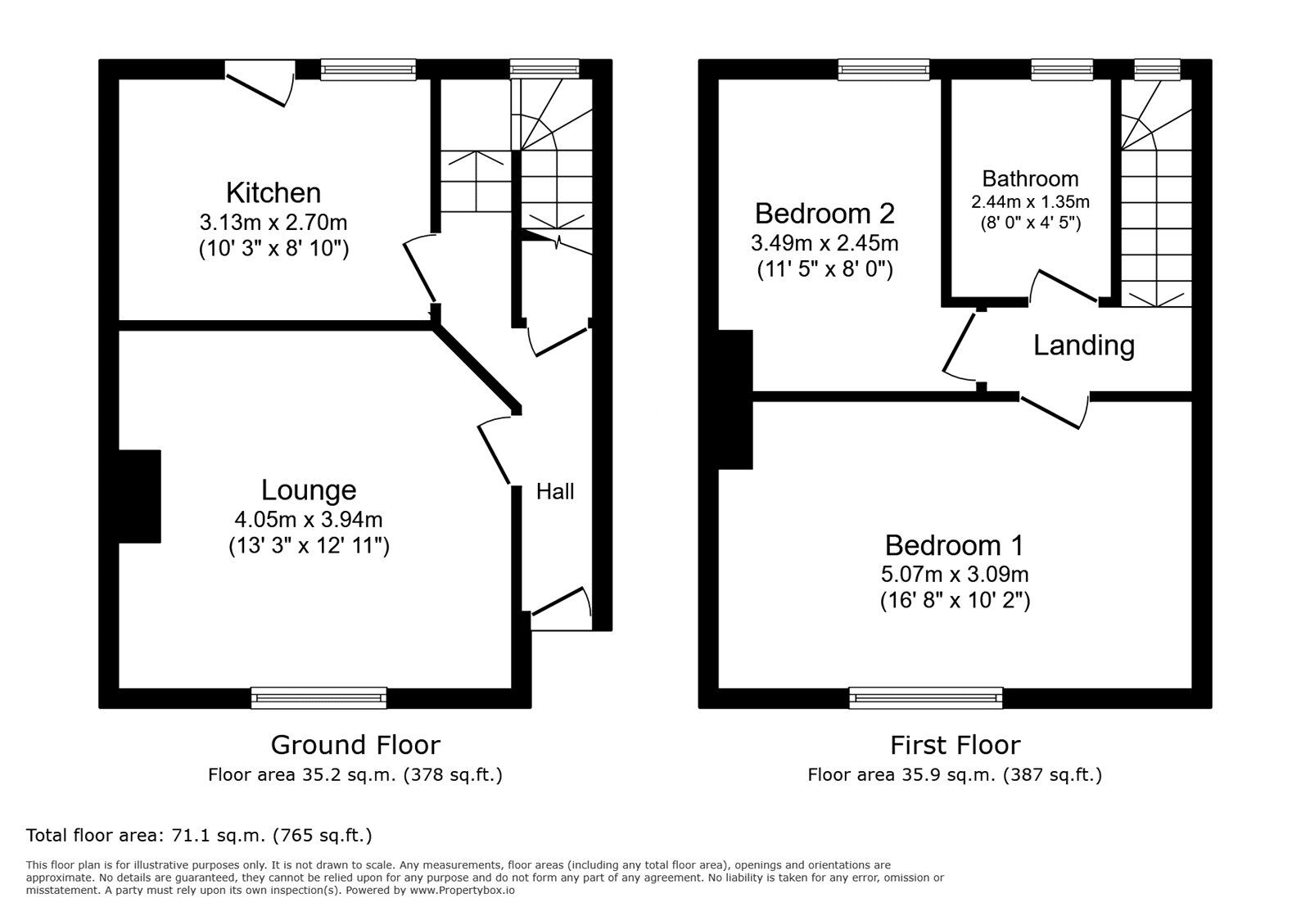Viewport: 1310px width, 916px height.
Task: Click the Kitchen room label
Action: (273, 193)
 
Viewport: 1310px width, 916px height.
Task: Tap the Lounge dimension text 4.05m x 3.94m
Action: (309, 520)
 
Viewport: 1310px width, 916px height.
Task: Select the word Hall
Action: (555, 492)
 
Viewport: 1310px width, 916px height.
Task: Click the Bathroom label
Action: (1030, 178)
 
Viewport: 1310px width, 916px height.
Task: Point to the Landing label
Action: (1083, 345)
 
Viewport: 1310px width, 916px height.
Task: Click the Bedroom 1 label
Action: (954, 545)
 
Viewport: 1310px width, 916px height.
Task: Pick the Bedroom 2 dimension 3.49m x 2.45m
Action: (824, 243)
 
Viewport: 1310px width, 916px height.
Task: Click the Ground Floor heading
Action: (355, 745)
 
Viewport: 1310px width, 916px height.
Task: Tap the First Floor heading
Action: (955, 745)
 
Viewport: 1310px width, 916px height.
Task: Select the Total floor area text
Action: (199, 836)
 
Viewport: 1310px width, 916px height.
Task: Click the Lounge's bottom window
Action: (318, 698)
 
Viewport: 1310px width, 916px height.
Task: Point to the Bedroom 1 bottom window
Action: (926, 698)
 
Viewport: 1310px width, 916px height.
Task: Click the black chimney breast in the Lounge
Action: (139, 496)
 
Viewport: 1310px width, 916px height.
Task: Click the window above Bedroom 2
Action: (883, 70)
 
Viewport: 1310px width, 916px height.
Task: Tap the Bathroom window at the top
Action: (1062, 70)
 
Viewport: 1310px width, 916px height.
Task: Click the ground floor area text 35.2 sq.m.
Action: (355, 774)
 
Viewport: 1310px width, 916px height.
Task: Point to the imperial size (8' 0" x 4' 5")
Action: (1030, 223)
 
